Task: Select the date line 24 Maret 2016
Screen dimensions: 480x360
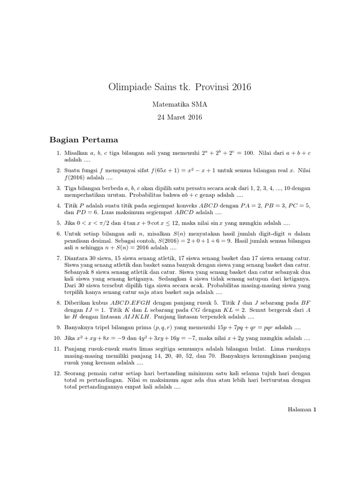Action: tap(180, 118)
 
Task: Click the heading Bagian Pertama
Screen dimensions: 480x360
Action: tap(84, 140)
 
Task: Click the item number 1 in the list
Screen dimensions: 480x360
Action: tap(58, 153)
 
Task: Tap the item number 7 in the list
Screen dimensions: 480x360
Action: tap(58, 258)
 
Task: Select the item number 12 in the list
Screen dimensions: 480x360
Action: tap(57, 373)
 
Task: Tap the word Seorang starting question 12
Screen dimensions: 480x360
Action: tap(76, 373)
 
